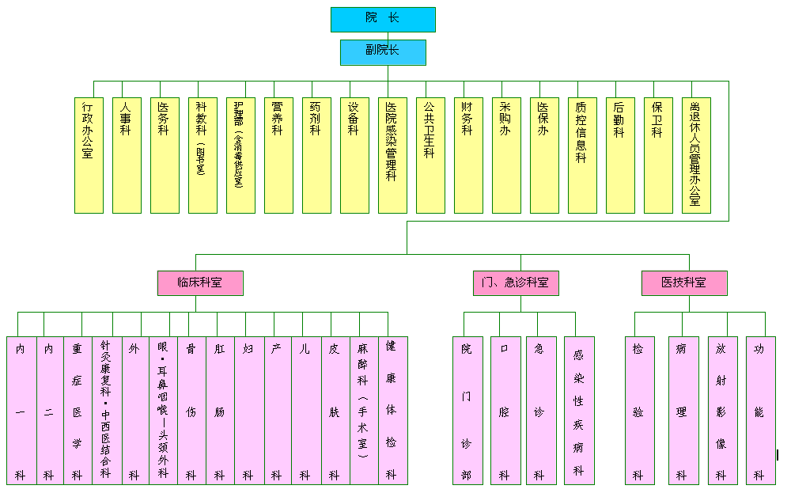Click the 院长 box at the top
(x=383, y=19)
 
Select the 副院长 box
(x=383, y=52)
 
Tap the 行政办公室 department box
(x=89, y=155)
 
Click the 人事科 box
(x=127, y=155)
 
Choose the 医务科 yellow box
(x=165, y=155)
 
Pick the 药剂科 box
(x=316, y=155)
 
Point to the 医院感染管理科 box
(x=392, y=155)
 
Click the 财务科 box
(x=468, y=155)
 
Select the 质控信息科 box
(x=582, y=155)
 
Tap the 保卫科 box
(x=658, y=155)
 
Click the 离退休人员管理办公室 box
(x=696, y=155)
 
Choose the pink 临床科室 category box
(x=199, y=283)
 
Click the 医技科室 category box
(x=684, y=283)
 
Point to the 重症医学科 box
(x=77, y=410)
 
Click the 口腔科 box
(x=505, y=410)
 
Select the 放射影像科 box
(x=722, y=410)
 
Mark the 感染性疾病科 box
(x=579, y=410)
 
